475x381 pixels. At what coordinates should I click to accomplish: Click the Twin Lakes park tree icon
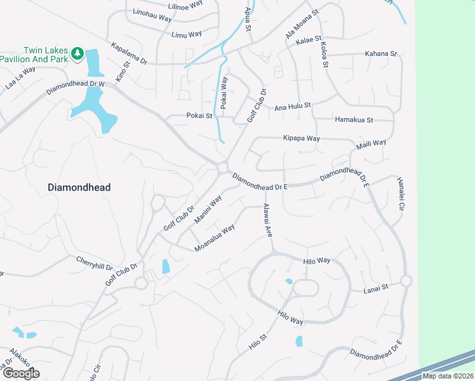pos(78,53)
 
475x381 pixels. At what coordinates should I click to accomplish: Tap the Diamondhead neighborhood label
pos(79,187)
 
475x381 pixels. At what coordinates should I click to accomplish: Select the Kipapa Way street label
pos(301,138)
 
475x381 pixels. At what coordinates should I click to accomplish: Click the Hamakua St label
pos(354,119)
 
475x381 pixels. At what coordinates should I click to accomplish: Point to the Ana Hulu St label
pos(292,107)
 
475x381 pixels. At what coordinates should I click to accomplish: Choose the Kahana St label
pos(380,55)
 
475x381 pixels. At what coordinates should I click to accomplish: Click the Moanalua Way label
pos(215,237)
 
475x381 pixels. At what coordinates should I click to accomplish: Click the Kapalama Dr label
pos(129,54)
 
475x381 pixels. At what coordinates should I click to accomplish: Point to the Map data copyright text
pos(447,376)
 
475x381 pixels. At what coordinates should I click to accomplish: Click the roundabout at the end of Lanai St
pos(406,281)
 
